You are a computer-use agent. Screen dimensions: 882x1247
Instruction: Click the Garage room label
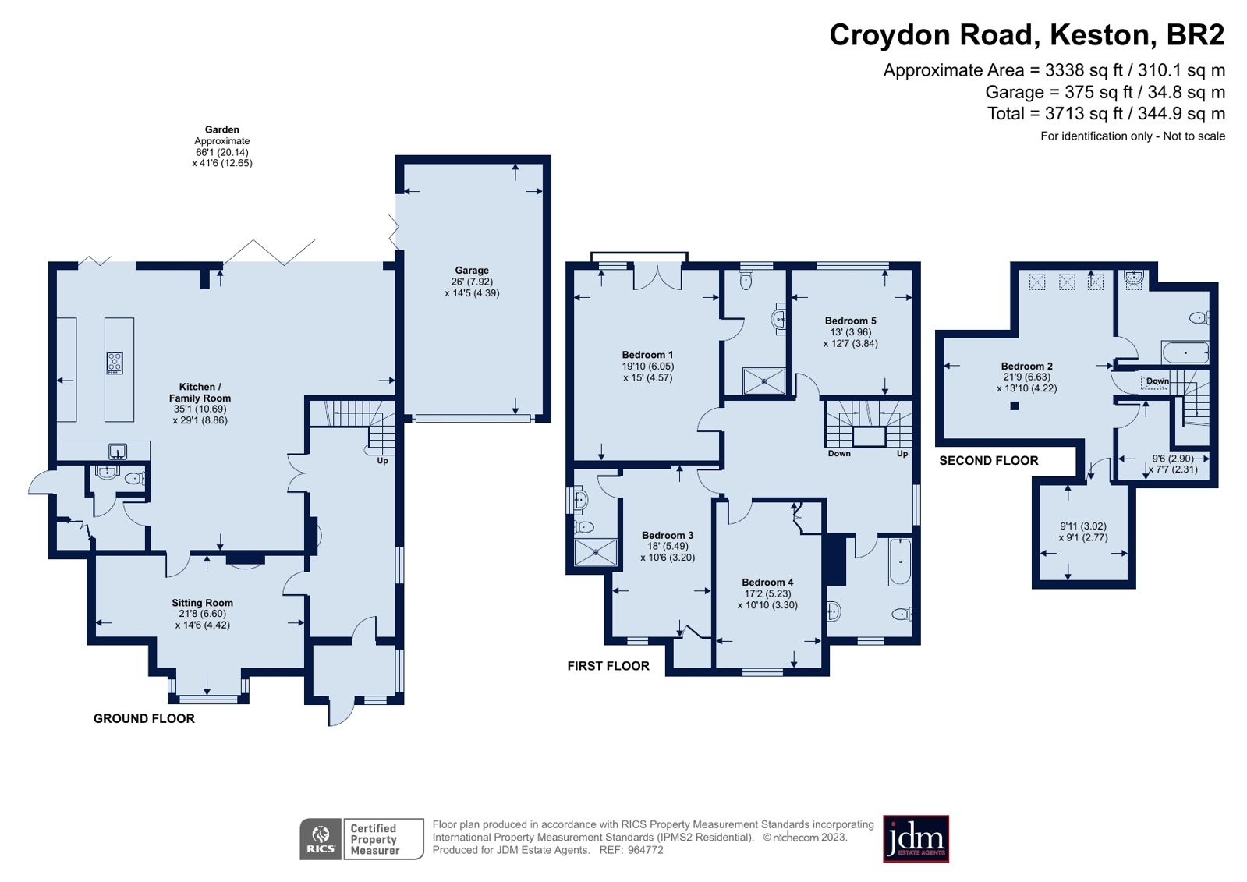[471, 271]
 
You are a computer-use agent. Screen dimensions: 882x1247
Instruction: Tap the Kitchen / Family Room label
[200, 392]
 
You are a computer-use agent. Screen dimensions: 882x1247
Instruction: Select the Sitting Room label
[202, 603]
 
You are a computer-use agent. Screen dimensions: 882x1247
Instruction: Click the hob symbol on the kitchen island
[115, 363]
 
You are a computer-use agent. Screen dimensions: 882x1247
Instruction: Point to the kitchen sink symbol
[117, 452]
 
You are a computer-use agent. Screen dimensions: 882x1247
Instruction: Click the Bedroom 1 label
[647, 355]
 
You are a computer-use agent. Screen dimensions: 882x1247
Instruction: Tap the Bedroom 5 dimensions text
[850, 338]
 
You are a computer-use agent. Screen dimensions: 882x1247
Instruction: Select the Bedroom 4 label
[767, 583]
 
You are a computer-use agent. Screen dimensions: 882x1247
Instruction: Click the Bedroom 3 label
[667, 536]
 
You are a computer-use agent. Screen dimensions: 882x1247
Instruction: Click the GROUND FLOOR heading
[144, 719]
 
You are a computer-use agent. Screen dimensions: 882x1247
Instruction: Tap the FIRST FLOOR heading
[608, 666]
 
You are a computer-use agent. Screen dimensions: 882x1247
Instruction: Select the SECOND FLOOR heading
[988, 461]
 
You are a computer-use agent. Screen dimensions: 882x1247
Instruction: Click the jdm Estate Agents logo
[916, 839]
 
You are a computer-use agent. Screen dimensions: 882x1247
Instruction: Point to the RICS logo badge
[321, 839]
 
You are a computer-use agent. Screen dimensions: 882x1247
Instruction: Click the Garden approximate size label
[222, 147]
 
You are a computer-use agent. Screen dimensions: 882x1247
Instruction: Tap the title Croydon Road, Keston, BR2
[1026, 36]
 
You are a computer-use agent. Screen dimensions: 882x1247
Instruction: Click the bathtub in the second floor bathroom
[1185, 352]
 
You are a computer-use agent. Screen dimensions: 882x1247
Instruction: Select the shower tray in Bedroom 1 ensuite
[763, 381]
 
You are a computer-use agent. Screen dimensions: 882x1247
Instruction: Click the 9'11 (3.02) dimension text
[1082, 526]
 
